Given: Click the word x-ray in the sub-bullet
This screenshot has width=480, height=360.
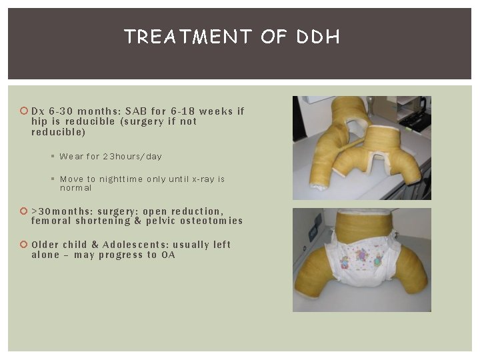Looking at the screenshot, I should [203, 179].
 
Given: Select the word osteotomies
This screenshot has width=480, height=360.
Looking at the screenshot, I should [211, 221].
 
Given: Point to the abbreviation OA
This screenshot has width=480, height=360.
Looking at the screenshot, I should [168, 255].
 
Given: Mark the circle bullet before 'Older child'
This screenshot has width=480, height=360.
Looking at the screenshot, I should [24, 245].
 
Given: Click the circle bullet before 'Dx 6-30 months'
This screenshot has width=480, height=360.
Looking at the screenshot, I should [24, 111].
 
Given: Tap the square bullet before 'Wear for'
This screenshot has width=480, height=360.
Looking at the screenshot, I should [53, 157].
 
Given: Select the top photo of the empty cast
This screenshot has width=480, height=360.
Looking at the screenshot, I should [361, 147].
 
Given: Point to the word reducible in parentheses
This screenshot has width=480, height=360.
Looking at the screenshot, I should [59, 132].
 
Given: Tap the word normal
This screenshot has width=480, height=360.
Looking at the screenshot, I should [76, 189].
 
